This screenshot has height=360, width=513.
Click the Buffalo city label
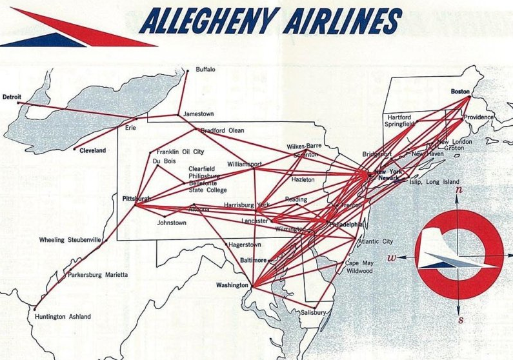click(x=205, y=70)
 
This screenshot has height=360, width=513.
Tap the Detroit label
click(x=12, y=97)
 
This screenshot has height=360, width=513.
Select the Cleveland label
click(x=92, y=150)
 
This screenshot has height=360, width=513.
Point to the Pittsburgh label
click(x=136, y=199)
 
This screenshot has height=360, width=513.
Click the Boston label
click(x=461, y=92)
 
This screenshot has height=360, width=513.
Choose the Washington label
click(x=232, y=285)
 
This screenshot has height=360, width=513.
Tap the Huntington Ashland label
click(x=62, y=317)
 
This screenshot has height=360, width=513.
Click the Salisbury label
click(x=313, y=312)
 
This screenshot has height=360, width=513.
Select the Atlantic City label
click(x=375, y=241)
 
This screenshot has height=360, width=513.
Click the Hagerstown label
click(x=245, y=245)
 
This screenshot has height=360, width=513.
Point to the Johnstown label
click(x=172, y=223)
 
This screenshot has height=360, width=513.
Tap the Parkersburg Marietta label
click(x=98, y=275)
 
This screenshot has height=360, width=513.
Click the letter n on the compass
click(x=458, y=190)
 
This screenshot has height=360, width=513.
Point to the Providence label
click(x=478, y=117)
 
